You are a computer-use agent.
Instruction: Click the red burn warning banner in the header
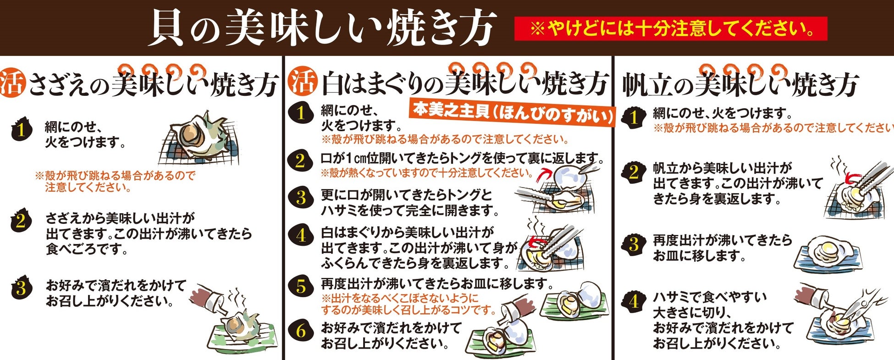point(671,28)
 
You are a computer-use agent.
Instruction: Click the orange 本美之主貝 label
point(512,112)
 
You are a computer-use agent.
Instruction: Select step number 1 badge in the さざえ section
point(21,130)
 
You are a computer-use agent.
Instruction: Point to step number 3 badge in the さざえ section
point(21,288)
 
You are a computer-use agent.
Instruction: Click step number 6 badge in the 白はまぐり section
point(301,331)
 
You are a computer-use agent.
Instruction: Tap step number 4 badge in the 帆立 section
point(634,302)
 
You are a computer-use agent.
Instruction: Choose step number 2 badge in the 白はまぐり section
point(301,161)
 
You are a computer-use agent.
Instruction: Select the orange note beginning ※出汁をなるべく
point(408,304)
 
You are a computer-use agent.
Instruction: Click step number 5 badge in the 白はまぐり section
point(301,286)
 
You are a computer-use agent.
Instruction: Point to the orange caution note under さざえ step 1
point(115,182)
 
